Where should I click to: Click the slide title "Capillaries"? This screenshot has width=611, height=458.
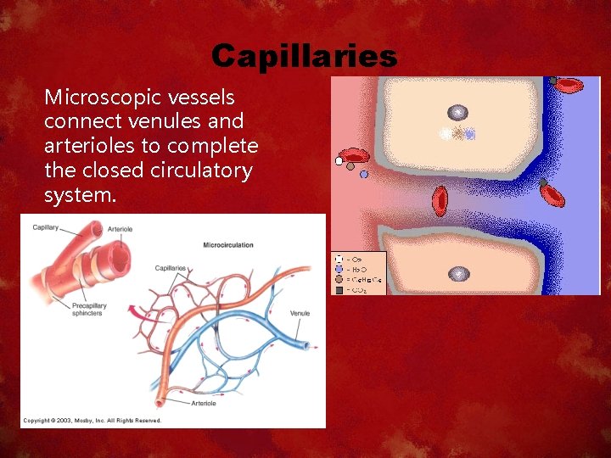point(304,56)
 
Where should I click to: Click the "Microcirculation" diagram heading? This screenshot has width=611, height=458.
point(228,245)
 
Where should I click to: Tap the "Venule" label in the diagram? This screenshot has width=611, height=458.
point(300,313)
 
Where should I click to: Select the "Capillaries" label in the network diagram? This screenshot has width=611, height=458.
point(171,268)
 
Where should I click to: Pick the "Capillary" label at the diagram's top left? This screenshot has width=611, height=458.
point(46,227)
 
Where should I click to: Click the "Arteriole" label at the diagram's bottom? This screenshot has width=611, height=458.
point(203,404)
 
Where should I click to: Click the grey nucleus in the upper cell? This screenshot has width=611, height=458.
point(457,113)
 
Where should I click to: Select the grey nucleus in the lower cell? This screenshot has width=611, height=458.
point(458,273)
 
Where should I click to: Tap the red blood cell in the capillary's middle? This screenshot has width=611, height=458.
point(440,199)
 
